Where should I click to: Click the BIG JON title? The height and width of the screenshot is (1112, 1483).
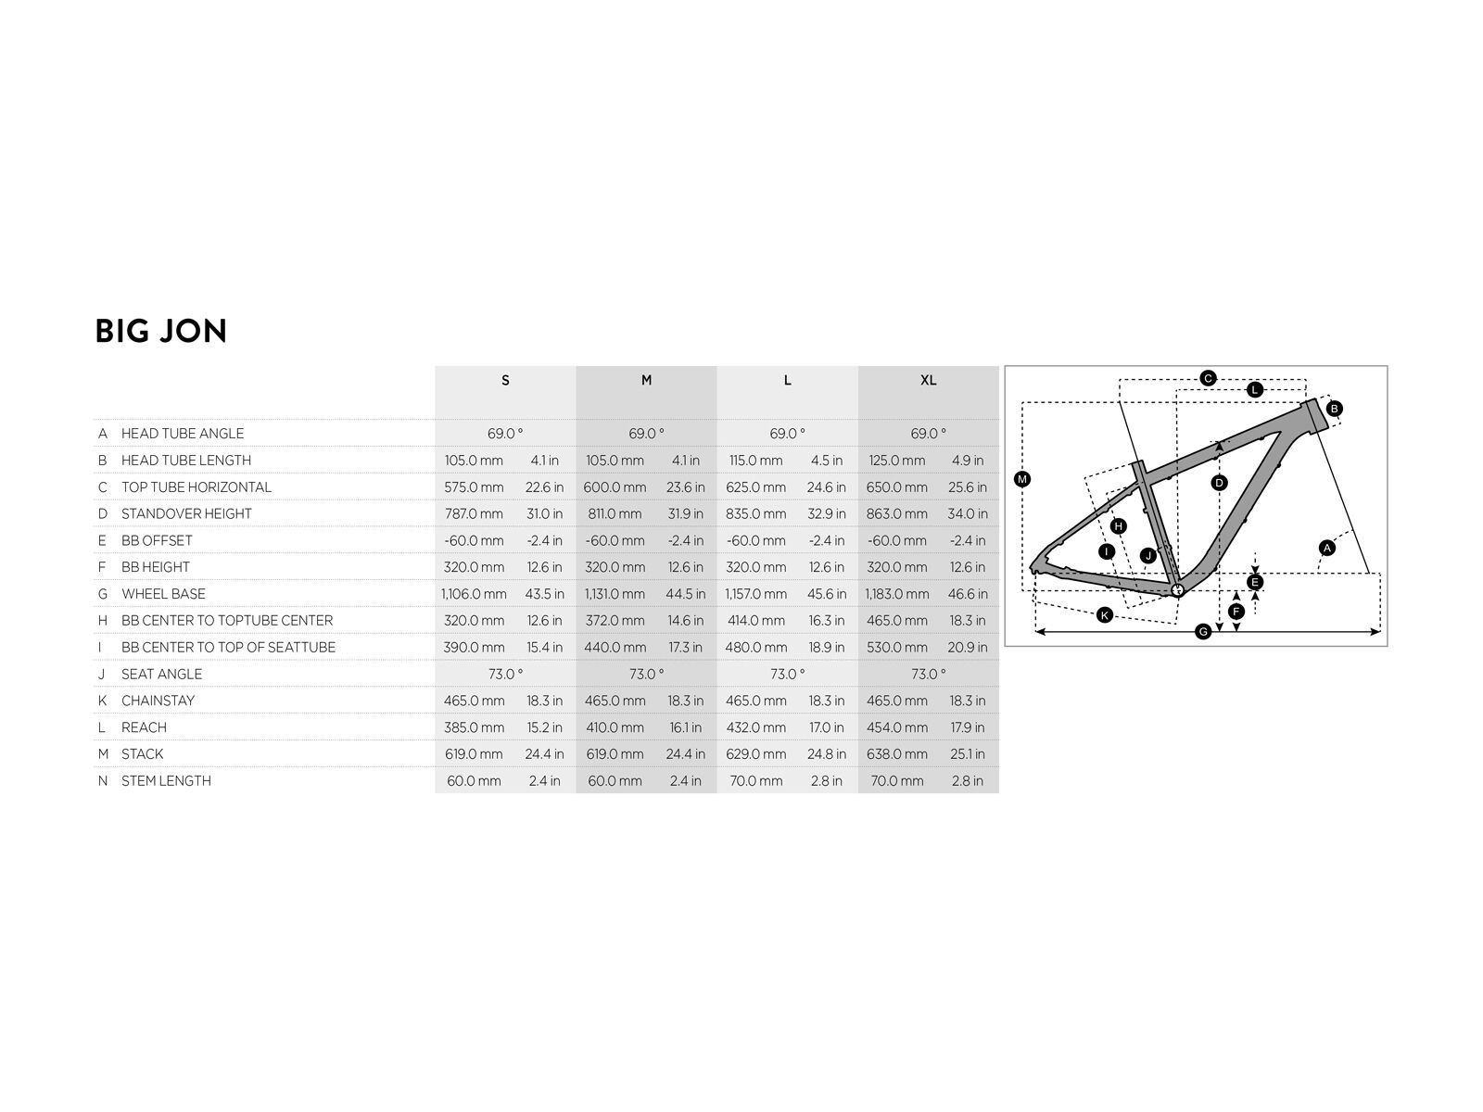coord(160,331)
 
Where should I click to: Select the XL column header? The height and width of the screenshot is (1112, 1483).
coord(928,380)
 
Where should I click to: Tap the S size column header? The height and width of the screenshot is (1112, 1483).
coord(505,380)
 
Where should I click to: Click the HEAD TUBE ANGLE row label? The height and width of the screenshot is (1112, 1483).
coord(183,434)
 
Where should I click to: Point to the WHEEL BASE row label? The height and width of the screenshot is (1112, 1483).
coord(163,593)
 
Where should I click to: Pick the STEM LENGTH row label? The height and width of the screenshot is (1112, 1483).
coord(166,780)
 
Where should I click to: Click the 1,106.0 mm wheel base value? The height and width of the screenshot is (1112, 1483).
coord(474,594)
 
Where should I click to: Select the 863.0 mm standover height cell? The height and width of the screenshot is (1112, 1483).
coord(896,513)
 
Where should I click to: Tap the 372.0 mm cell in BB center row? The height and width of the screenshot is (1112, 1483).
coord(615,621)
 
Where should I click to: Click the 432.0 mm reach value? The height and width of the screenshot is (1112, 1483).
coord(756,727)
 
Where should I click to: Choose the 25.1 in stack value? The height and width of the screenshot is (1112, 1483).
coord(968,754)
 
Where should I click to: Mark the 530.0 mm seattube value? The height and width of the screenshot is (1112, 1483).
coord(896,647)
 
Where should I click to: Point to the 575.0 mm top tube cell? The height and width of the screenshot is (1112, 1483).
coord(474,486)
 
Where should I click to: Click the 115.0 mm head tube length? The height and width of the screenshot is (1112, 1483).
coord(756,461)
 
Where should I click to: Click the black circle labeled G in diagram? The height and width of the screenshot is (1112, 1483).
coord(1202,631)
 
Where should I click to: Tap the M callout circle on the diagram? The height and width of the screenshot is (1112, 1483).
coord(1021,479)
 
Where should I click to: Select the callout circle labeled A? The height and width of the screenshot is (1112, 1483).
coord(1327,548)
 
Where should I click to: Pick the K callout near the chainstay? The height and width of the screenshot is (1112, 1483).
coord(1105,614)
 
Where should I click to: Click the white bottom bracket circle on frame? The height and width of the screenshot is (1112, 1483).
coord(1178,590)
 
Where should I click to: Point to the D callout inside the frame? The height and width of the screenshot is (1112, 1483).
coord(1220,483)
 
